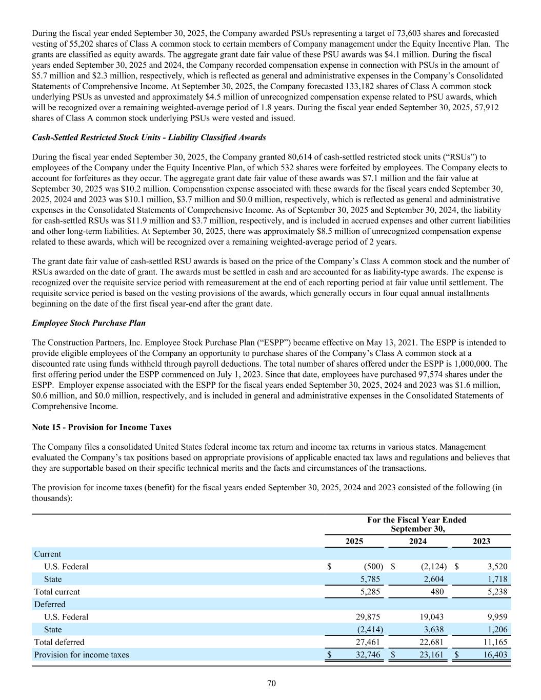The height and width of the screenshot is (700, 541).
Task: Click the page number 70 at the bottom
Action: click(x=272, y=683)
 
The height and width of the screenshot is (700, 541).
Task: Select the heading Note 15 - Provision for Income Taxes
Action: click(x=102, y=427)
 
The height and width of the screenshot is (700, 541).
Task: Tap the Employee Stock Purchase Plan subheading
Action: click(x=89, y=323)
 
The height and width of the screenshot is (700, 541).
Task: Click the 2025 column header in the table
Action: click(x=354, y=541)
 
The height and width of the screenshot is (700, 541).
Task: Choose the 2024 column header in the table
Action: click(x=417, y=541)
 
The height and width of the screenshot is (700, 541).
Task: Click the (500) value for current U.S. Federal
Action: click(x=373, y=566)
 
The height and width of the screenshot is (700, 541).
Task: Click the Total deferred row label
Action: click(x=59, y=642)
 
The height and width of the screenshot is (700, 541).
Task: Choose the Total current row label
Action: click(x=57, y=592)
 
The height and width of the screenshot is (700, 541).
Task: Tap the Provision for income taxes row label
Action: click(x=82, y=654)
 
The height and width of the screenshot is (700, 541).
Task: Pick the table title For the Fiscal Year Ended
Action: click(x=417, y=519)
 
